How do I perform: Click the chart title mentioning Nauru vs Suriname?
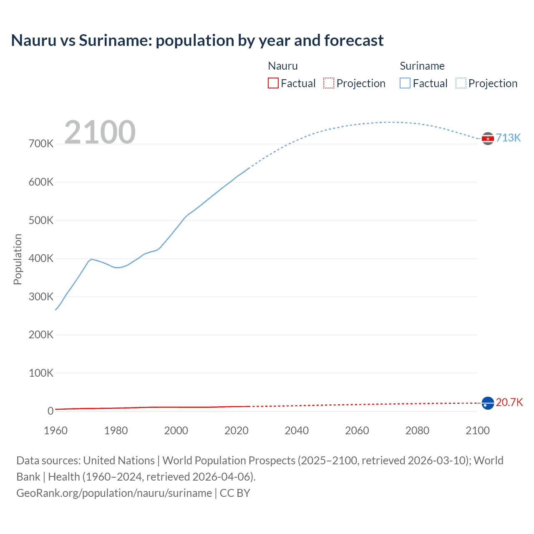(197, 40)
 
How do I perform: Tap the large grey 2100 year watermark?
(100, 132)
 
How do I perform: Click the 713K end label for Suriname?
(508, 138)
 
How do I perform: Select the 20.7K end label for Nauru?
(509, 402)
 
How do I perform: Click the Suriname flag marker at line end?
(488, 139)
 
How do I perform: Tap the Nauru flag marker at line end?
(488, 403)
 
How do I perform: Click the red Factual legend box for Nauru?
(273, 83)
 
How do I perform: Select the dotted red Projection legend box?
(329, 83)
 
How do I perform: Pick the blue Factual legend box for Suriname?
(405, 83)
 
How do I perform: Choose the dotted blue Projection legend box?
(461, 83)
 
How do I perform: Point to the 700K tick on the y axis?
(41, 144)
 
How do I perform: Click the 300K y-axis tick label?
(41, 297)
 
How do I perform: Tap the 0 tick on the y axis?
(50, 411)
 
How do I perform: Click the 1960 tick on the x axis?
(55, 431)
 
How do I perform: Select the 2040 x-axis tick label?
(297, 431)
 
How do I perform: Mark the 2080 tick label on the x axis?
(417, 431)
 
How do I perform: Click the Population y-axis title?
(18, 259)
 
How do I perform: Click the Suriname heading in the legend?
(422, 66)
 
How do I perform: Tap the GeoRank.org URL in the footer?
(114, 493)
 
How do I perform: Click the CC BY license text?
(235, 493)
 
